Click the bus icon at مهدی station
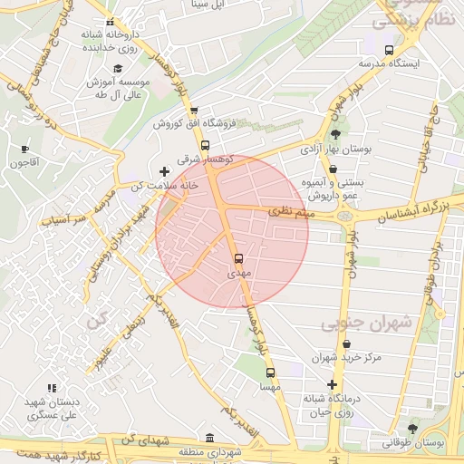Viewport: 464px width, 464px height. [238, 259]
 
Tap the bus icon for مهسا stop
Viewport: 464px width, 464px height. [269, 372]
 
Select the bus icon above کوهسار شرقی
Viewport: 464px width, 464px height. [206, 145]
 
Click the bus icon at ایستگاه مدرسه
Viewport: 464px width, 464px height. [389, 51]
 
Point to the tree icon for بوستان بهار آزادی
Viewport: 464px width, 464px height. [335, 133]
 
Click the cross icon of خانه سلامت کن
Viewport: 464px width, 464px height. [164, 171]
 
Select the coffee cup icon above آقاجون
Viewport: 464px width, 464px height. [24, 150]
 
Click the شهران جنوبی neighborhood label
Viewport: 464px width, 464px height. [367, 322]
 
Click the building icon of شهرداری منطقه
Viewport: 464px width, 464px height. [210, 438]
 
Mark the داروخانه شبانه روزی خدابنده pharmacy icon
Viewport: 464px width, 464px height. [110, 22]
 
